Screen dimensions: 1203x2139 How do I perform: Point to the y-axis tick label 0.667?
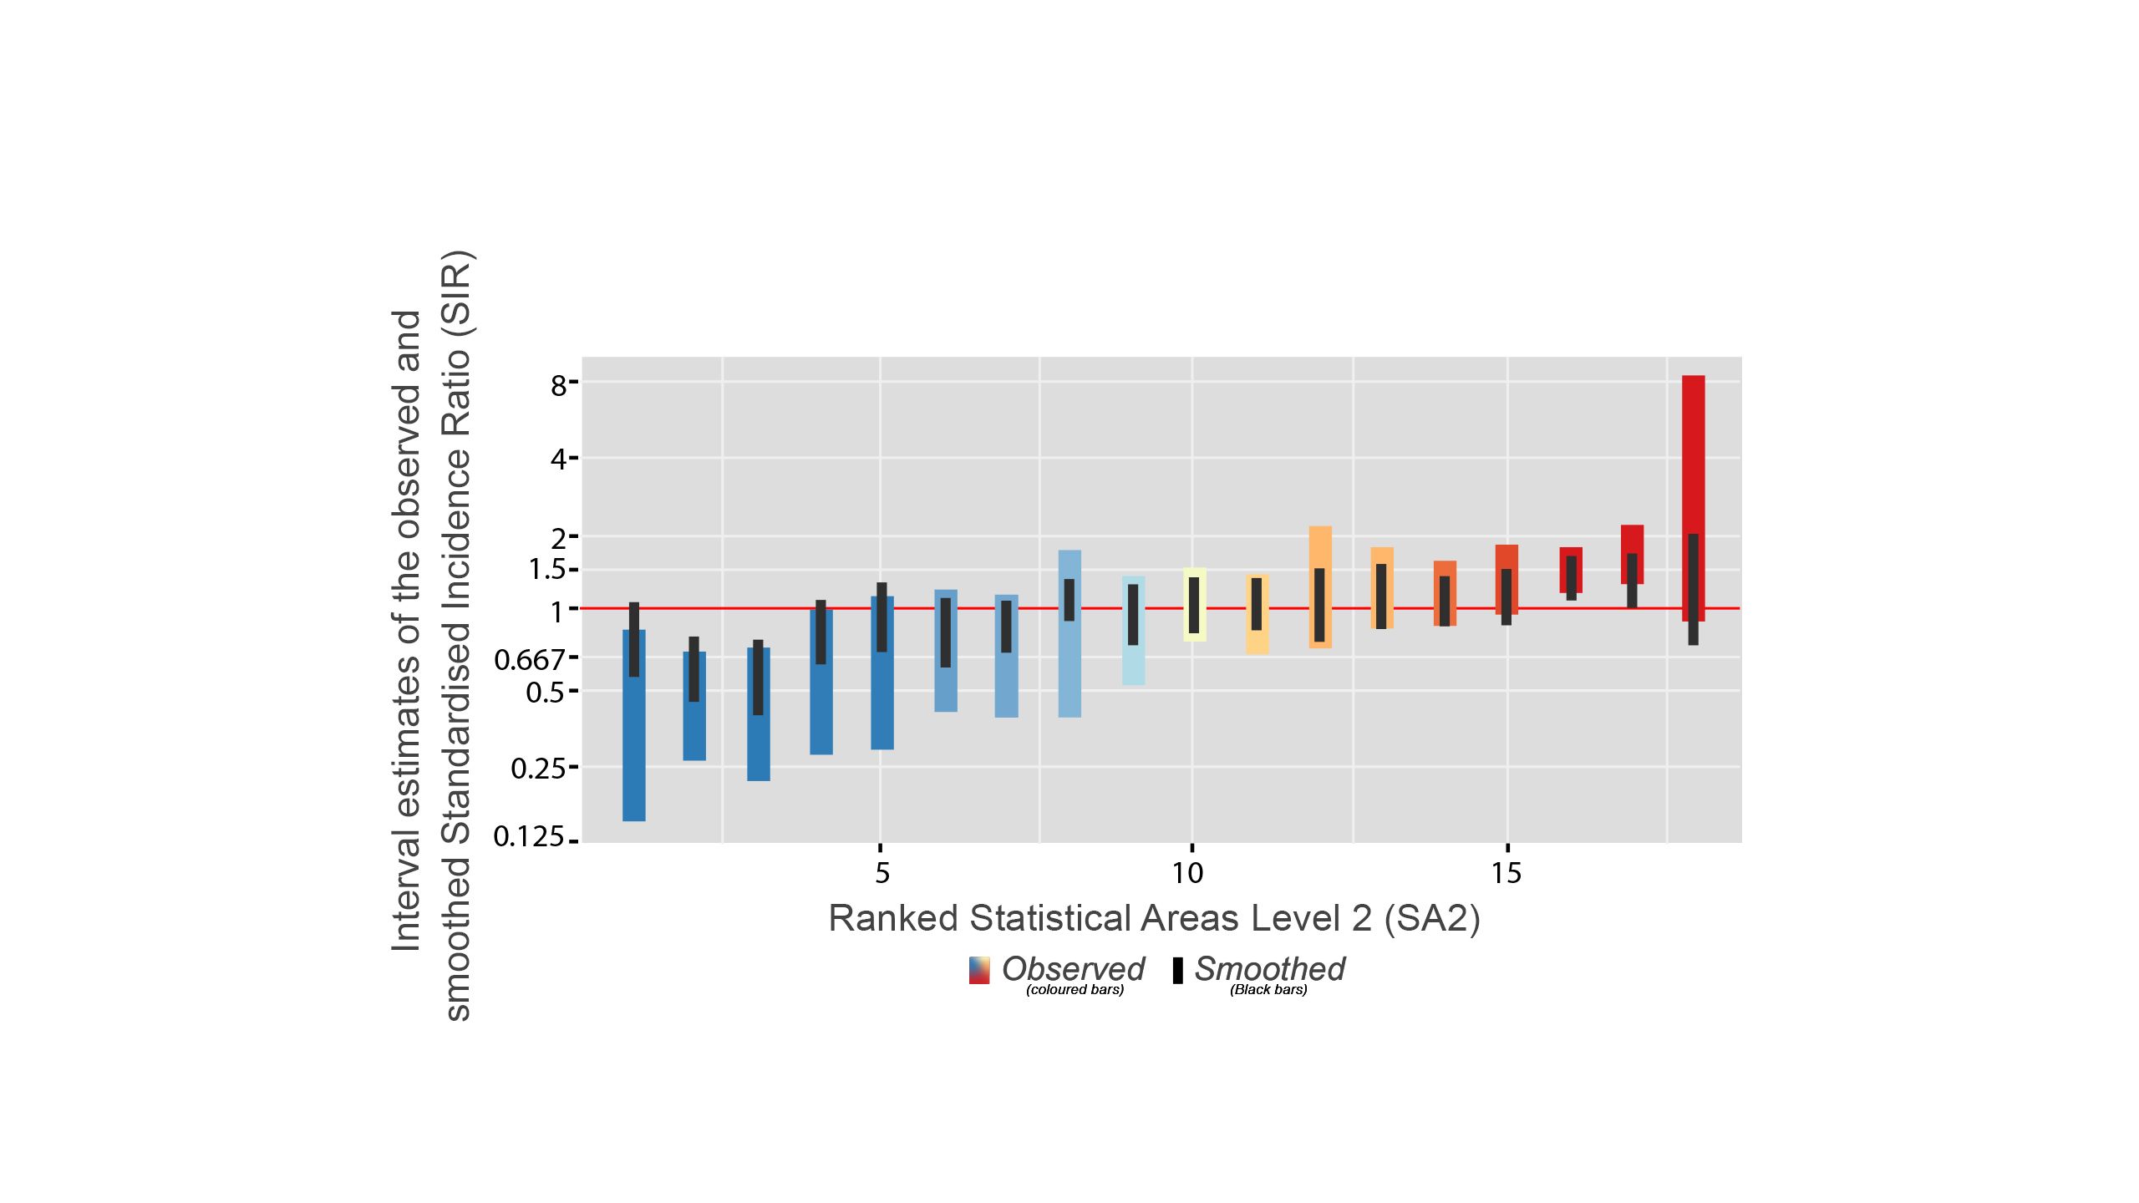530,660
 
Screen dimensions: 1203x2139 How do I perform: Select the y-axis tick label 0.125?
529,836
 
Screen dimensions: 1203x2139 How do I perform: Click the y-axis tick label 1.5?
547,570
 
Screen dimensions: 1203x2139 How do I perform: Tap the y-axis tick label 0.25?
537,768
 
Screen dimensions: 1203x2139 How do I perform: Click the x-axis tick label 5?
882,874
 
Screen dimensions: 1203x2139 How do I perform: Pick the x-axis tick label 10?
1187,874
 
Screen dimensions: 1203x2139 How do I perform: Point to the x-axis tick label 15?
1506,874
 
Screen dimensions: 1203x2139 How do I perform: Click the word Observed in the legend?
1073,969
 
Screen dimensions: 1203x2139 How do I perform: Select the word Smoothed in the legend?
1269,969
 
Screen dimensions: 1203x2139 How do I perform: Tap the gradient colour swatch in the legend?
979,970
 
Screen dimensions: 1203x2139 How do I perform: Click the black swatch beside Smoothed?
1178,970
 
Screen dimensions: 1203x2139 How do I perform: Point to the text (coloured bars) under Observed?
1075,990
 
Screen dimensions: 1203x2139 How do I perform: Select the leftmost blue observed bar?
634,752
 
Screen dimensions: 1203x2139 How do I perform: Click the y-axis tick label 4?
559,459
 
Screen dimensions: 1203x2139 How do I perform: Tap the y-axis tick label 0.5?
545,692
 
